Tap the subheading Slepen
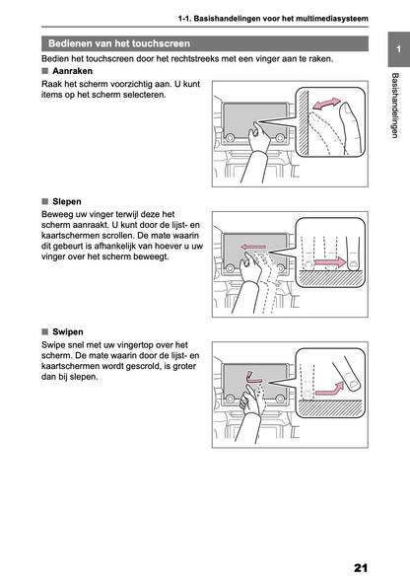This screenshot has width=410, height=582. point(67,200)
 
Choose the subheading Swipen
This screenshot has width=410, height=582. point(68,332)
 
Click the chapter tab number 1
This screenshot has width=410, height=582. point(395,48)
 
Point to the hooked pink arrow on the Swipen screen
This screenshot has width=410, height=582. point(253,376)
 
